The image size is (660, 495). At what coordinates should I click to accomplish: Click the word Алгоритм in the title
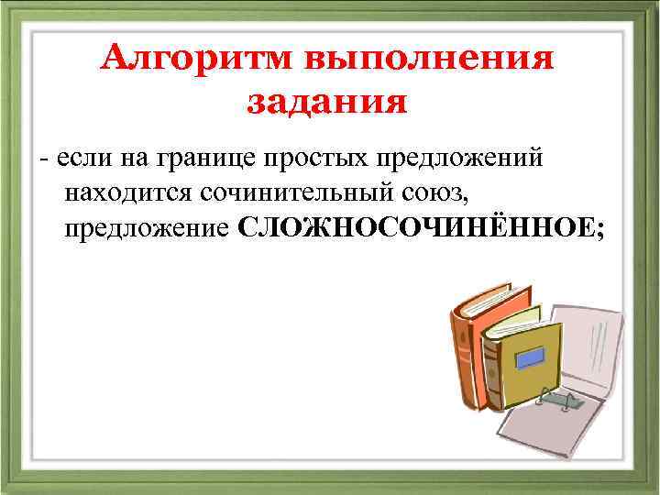(192, 60)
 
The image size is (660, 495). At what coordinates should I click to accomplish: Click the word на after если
(126, 159)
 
